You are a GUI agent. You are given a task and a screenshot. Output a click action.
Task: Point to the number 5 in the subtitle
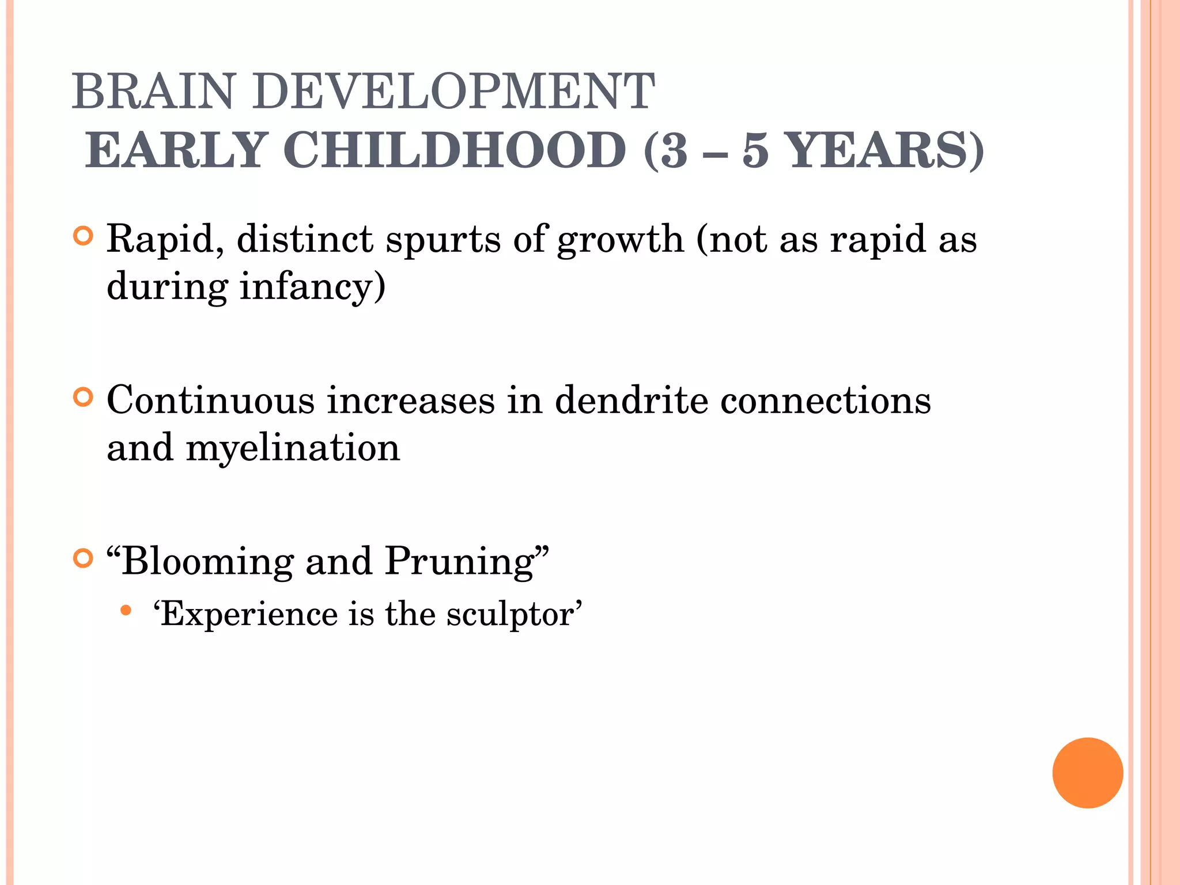(755, 151)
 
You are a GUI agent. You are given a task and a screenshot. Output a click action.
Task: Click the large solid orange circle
(1087, 773)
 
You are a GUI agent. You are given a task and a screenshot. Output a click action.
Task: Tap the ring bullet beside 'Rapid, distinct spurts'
(84, 236)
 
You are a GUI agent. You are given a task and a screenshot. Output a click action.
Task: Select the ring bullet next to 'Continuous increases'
(84, 398)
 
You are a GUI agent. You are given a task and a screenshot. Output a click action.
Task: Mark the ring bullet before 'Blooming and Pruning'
(84, 558)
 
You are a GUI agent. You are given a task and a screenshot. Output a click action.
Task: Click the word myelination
(293, 448)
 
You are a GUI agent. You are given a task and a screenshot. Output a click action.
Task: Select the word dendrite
(631, 400)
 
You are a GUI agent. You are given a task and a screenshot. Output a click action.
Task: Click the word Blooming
(207, 561)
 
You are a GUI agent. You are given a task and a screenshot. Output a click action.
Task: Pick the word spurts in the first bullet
(442, 240)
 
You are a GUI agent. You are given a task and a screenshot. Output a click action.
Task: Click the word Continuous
(210, 400)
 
